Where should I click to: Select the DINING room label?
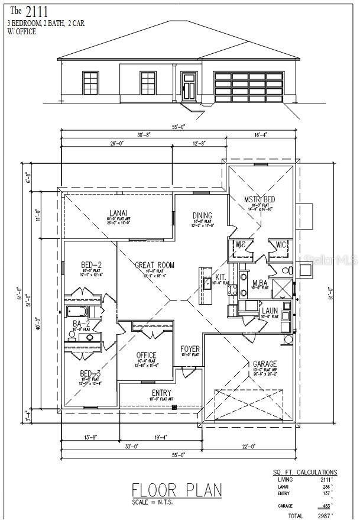pos(202,216)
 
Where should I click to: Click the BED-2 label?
pos(91,264)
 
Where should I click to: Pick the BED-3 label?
pos(90,373)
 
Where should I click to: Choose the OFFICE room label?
pos(146,355)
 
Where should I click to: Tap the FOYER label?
pos(190,349)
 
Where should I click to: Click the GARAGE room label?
pos(265,364)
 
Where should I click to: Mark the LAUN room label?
pos(270,310)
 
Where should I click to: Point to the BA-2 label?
pos(81,324)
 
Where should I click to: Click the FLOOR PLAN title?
pos(177,490)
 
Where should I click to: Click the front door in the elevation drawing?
pos(189,86)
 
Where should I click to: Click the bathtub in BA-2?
pos(77,312)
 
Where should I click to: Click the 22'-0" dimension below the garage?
pos(249,447)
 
